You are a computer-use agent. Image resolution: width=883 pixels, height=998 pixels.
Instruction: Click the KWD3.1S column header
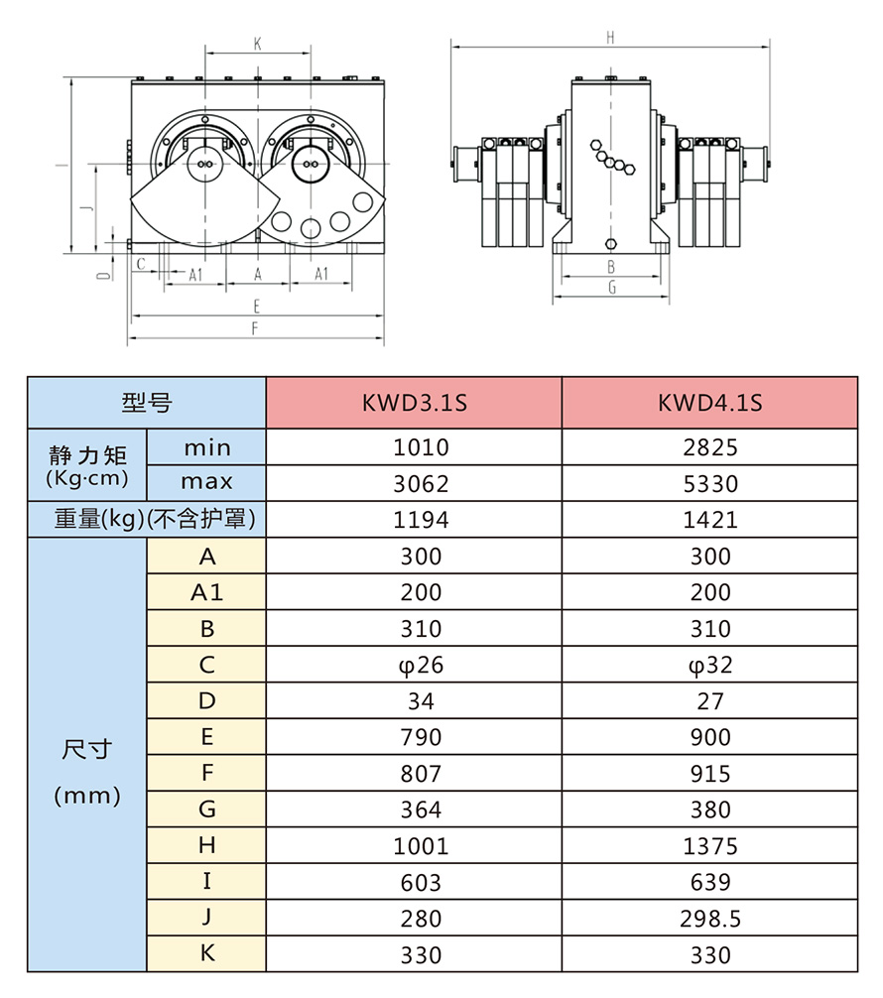pos(414,403)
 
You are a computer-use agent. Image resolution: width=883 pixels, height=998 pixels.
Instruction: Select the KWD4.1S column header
pos(709,403)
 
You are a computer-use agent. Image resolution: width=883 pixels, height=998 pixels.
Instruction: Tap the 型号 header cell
pos(146,403)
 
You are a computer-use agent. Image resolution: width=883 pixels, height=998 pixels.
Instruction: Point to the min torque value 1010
pos(421,447)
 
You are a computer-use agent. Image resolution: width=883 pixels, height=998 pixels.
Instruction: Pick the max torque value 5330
pos(710,483)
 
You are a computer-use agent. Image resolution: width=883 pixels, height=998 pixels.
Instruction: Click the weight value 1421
pos(710,520)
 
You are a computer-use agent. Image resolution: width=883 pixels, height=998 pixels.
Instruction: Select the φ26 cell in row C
pos(421,665)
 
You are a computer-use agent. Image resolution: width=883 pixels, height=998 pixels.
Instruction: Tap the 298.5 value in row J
pos(710,919)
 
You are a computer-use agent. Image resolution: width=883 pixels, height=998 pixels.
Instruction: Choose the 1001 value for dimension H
pos(421,846)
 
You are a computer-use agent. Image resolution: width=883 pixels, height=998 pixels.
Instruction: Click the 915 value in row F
pos(710,774)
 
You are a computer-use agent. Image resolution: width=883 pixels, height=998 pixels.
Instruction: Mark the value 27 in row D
pos(710,701)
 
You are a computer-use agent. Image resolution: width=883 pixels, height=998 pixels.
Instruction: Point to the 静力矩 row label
pos(87,456)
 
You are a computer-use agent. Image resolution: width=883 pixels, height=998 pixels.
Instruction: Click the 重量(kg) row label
pos(147,520)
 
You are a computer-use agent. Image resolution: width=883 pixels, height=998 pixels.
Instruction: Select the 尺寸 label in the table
pos(87,750)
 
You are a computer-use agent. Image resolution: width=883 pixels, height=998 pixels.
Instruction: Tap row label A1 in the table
pos(206,592)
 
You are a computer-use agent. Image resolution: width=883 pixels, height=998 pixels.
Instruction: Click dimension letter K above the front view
pos(257,44)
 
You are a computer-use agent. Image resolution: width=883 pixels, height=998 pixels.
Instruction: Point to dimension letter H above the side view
pos(611,38)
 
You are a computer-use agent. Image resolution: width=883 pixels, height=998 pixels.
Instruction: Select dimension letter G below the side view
pos(612,288)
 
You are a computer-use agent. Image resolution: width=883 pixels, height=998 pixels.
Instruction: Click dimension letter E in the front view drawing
pos(256,306)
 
